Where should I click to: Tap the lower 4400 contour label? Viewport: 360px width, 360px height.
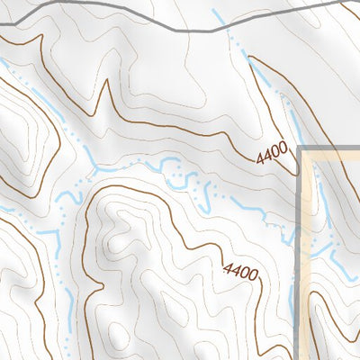point(240,269)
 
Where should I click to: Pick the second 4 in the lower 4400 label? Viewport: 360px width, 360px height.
point(235,267)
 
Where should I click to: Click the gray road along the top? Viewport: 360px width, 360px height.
point(135,29)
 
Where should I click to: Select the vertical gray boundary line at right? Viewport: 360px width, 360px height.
point(300,270)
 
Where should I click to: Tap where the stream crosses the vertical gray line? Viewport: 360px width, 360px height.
point(300,237)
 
